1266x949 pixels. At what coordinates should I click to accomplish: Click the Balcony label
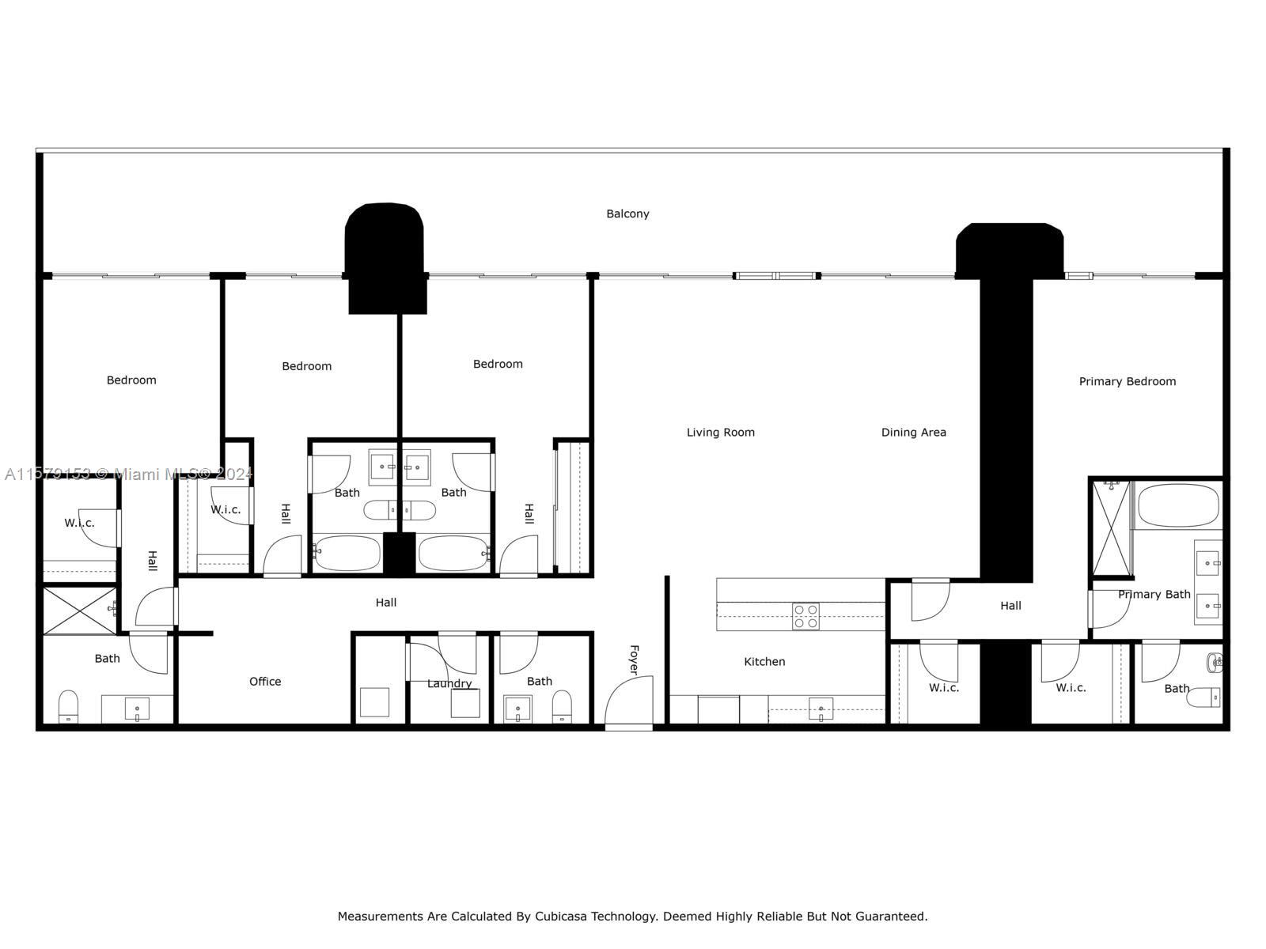(627, 214)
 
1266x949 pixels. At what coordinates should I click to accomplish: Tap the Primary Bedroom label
(1127, 381)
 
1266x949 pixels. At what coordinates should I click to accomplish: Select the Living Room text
(720, 433)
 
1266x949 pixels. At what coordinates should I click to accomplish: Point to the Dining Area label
(913, 433)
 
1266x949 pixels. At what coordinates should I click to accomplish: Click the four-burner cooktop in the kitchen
(805, 616)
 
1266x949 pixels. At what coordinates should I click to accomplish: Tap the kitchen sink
(821, 709)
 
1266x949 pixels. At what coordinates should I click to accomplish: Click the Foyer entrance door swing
(631, 701)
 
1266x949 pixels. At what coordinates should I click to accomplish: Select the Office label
(265, 682)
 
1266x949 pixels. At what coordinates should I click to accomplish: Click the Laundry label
(449, 683)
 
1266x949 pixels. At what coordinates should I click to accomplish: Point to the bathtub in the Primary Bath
(1177, 505)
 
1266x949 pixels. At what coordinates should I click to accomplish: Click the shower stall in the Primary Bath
(1111, 528)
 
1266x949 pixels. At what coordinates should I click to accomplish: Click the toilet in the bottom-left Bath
(69, 706)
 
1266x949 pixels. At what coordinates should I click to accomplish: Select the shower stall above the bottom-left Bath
(79, 609)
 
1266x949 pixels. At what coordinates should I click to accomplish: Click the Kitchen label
(764, 662)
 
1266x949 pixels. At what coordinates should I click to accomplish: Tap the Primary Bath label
(1154, 595)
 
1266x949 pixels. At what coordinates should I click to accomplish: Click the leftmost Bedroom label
(131, 380)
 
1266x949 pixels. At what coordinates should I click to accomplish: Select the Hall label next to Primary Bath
(1010, 606)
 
